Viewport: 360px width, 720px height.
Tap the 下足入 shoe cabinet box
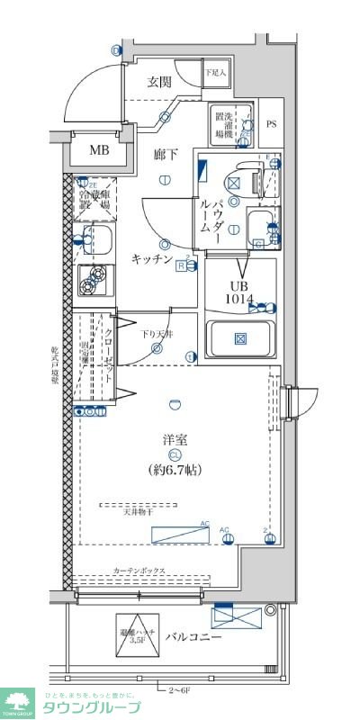point(215,73)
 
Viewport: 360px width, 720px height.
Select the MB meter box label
point(99,150)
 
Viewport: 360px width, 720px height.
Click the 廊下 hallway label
point(165,155)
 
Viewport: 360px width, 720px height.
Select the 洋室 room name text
point(175,439)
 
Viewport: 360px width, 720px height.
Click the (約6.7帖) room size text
point(175,469)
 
